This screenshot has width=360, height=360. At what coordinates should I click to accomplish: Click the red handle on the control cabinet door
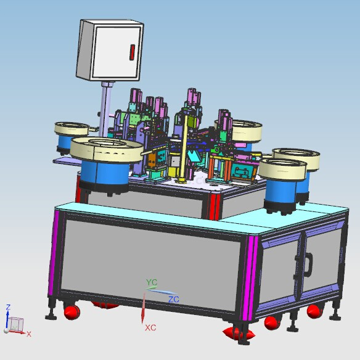click(x=132, y=52)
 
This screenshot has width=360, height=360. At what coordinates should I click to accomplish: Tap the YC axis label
click(x=152, y=282)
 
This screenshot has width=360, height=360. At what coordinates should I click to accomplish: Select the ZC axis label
click(x=174, y=300)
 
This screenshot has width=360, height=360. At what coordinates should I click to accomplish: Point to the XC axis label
click(x=150, y=327)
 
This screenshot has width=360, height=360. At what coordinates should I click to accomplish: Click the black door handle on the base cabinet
click(x=309, y=265)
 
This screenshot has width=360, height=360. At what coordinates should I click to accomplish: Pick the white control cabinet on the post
click(x=110, y=51)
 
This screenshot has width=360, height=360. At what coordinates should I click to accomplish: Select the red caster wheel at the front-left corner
click(x=72, y=313)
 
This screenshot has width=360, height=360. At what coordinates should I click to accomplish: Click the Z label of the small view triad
click(x=8, y=307)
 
